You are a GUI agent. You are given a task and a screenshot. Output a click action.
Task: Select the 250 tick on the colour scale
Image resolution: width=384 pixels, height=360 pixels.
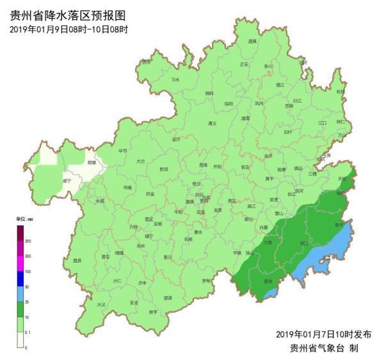[28, 240]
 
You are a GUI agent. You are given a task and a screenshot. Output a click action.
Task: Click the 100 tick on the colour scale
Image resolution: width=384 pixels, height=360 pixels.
[28, 271]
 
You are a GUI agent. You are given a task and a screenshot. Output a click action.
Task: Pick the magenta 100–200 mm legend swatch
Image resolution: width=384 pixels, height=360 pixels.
[20, 263]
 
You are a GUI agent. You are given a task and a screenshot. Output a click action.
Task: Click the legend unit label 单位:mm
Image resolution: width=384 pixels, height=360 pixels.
[24, 220]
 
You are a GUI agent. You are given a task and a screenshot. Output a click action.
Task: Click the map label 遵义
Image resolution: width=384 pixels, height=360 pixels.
[213, 123]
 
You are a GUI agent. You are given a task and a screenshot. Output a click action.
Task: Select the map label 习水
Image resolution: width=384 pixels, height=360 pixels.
[175, 79]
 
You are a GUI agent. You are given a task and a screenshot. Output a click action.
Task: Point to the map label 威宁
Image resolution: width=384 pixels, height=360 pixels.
[67, 181]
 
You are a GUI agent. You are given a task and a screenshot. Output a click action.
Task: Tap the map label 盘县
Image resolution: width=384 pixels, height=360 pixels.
[77, 261]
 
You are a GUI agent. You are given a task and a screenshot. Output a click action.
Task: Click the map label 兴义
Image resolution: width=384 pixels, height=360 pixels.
[101, 305]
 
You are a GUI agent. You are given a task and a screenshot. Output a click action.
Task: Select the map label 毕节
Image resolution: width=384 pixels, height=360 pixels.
[123, 151]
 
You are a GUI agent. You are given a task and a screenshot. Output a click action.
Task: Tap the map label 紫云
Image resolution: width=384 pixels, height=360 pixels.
[168, 257]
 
